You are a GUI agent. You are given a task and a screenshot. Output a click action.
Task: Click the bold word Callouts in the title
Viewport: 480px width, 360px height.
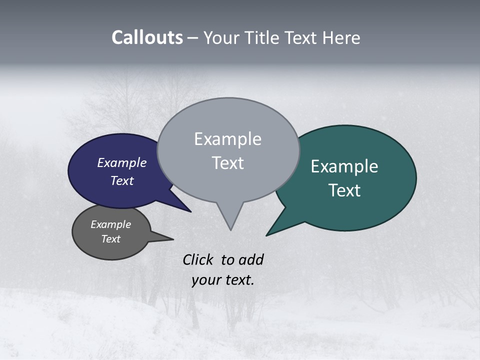pyautogui.click(x=147, y=37)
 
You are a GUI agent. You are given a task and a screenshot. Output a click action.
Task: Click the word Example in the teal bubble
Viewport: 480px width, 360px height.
pyautogui.click(x=344, y=166)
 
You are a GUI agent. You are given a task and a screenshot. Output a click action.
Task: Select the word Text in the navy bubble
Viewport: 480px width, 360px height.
pyautogui.click(x=122, y=180)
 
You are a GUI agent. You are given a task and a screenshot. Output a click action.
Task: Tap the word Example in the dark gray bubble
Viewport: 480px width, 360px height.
pyautogui.click(x=111, y=224)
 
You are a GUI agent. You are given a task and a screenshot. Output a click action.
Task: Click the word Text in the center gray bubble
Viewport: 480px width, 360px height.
pyautogui.click(x=228, y=163)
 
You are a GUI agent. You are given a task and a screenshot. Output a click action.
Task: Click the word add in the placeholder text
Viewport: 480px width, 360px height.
pyautogui.click(x=251, y=259)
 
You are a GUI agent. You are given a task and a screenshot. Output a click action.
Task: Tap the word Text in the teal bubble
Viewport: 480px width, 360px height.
pyautogui.click(x=345, y=190)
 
